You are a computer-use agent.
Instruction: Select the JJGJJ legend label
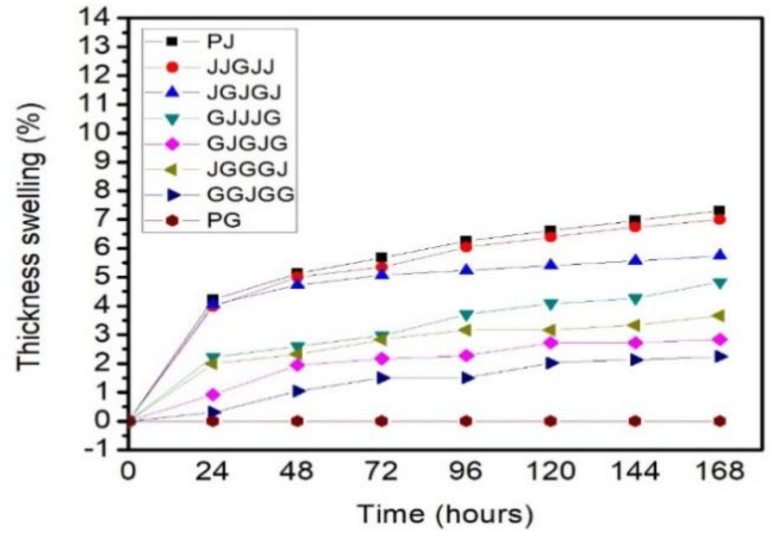pos(240,67)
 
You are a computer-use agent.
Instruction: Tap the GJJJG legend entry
pos(243,118)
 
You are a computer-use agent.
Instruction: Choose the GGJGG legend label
pos(250,195)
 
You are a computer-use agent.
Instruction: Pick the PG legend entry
pos(224,221)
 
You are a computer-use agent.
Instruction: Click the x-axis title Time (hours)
pos(445,514)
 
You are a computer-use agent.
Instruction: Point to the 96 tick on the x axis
pos(466,472)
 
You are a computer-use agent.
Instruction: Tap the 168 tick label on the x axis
pos(719,472)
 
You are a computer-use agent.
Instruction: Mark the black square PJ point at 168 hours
pos(719,211)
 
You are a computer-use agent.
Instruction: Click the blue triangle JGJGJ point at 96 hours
pos(466,270)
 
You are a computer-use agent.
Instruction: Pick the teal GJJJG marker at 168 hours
pos(719,284)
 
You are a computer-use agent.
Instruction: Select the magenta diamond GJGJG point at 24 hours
pos(213,395)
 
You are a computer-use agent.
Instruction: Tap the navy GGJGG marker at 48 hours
pos(298,391)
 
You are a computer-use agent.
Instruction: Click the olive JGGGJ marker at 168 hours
pos(719,316)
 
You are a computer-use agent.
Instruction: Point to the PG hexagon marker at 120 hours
pos(550,421)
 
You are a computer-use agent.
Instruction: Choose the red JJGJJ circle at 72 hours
pos(381,266)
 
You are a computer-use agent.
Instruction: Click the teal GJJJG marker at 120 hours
pos(550,304)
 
